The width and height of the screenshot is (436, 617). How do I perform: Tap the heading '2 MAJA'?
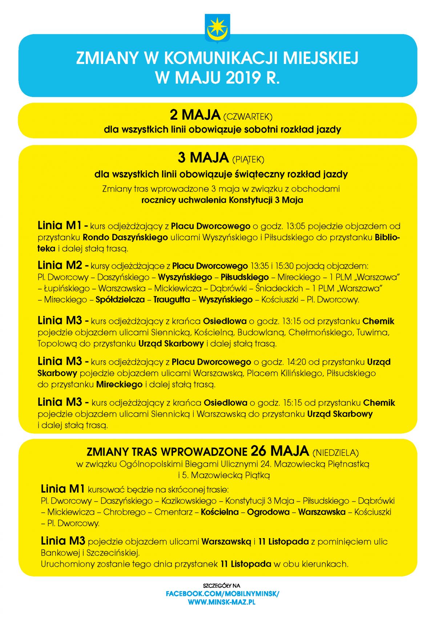pyautogui.click(x=195, y=115)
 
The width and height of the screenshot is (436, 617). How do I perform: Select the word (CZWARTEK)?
pyautogui.click(x=247, y=117)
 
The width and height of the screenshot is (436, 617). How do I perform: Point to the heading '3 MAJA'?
pyautogui.click(x=203, y=158)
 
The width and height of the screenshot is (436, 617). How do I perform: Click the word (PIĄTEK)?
pyautogui.click(x=248, y=160)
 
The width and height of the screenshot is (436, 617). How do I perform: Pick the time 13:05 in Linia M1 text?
pyautogui.click(x=296, y=226)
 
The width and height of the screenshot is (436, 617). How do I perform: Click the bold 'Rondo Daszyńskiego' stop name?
pyautogui.click(x=125, y=237)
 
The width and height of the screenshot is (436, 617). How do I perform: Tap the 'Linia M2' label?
pyautogui.click(x=60, y=265)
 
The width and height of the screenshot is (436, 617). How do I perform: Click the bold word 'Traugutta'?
pyautogui.click(x=171, y=300)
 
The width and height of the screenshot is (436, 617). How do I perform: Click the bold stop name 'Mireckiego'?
pyautogui.click(x=119, y=385)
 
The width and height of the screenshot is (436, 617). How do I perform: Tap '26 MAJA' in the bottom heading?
pyautogui.click(x=279, y=451)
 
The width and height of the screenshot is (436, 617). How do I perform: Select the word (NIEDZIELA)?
pyautogui.click(x=335, y=453)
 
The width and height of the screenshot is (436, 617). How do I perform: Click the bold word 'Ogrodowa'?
pyautogui.click(x=268, y=512)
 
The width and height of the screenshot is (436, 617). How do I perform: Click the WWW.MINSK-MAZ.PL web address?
pyautogui.click(x=222, y=602)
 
